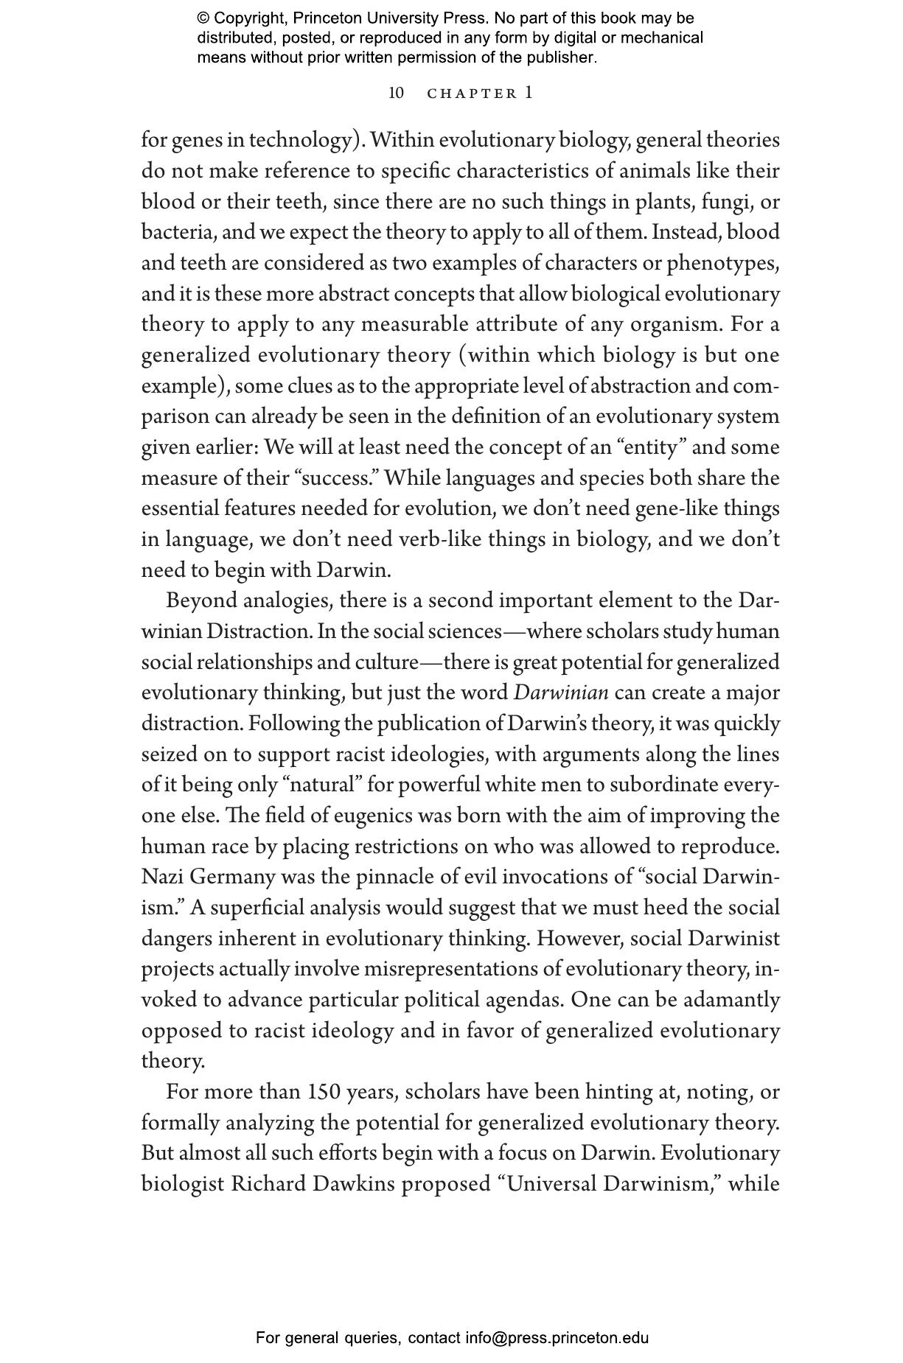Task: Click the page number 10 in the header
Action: (x=396, y=93)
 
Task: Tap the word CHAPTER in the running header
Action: (x=473, y=94)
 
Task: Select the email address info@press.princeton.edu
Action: (x=557, y=1338)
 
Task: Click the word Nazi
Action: (x=162, y=877)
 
